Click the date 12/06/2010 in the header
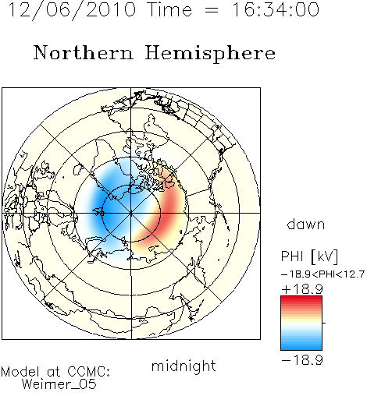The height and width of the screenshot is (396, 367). (72, 10)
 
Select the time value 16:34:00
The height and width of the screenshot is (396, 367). (275, 9)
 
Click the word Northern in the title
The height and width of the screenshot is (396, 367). (84, 53)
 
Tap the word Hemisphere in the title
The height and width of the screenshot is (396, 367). (210, 54)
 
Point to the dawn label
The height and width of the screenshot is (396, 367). (306, 224)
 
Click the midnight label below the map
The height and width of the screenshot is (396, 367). (183, 366)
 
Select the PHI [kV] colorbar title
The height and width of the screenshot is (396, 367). (309, 256)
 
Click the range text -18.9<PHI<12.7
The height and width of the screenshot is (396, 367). (322, 274)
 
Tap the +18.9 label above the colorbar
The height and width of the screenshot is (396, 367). (302, 289)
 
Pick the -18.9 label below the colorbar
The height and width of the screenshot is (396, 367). (302, 360)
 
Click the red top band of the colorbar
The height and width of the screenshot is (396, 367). (301, 299)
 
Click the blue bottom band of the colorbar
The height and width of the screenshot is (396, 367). (301, 347)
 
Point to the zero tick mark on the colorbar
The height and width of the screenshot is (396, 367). (324, 323)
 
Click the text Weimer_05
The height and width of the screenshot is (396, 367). (59, 384)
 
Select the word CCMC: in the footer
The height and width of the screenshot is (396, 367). (89, 372)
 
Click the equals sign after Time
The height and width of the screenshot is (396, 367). (211, 11)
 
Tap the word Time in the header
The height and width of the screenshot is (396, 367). (169, 9)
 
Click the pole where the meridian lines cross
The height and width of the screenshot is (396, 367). (131, 213)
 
